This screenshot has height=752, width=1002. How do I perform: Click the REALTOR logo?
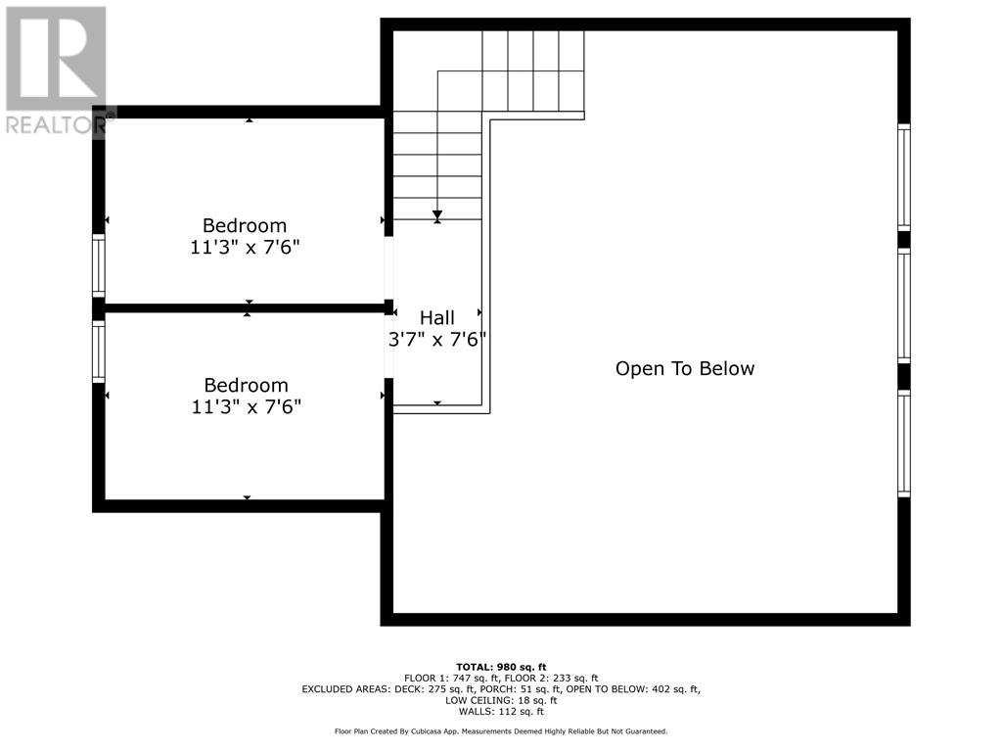(56, 69)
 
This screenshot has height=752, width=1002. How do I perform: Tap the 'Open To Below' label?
(685, 368)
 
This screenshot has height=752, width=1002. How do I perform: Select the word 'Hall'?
(437, 317)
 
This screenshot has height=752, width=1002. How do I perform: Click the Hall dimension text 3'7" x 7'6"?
(437, 339)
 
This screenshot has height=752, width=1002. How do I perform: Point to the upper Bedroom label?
(245, 225)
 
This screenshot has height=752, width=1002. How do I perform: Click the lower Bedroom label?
(246, 386)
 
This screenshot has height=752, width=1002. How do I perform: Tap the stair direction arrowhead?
(437, 214)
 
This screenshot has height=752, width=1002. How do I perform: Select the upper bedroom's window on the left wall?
(98, 264)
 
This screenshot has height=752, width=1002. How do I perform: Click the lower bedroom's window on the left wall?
(98, 352)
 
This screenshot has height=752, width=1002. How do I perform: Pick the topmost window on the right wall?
(904, 177)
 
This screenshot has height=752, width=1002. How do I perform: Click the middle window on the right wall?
(904, 306)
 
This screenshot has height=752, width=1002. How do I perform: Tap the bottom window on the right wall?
(904, 444)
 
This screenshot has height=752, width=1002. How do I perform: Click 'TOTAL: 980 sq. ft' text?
(501, 667)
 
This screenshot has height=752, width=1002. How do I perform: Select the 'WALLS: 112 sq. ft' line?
(501, 711)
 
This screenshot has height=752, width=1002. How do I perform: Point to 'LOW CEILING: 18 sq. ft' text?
(501, 700)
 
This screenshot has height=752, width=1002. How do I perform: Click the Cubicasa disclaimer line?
(501, 731)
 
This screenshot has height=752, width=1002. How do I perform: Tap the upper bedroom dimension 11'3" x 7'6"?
(245, 248)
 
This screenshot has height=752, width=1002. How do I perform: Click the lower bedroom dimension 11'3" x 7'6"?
(246, 407)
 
